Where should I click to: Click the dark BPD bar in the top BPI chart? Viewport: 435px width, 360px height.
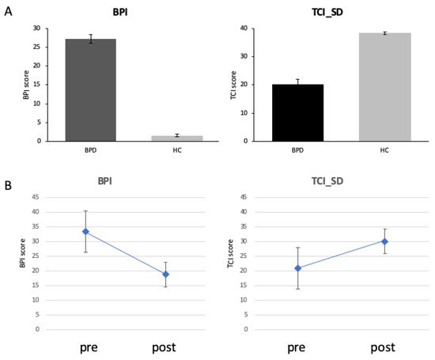tap(90, 89)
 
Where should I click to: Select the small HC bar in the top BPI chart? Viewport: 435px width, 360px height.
tap(176, 138)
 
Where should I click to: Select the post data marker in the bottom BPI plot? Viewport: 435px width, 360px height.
tap(165, 274)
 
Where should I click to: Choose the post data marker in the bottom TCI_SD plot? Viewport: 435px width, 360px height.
tap(384, 241)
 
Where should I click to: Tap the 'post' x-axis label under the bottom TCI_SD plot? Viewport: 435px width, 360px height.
tap(384, 347)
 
